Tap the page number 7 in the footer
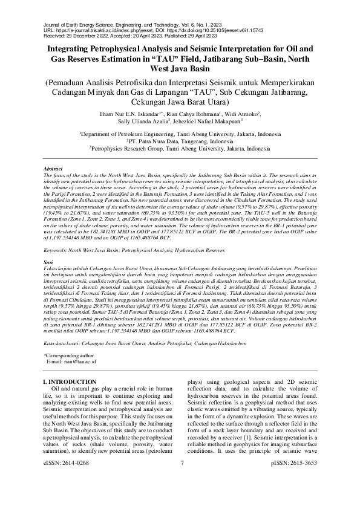pyautogui.click(x=181, y=497)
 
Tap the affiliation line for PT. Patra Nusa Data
pyautogui.click(x=180, y=139)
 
